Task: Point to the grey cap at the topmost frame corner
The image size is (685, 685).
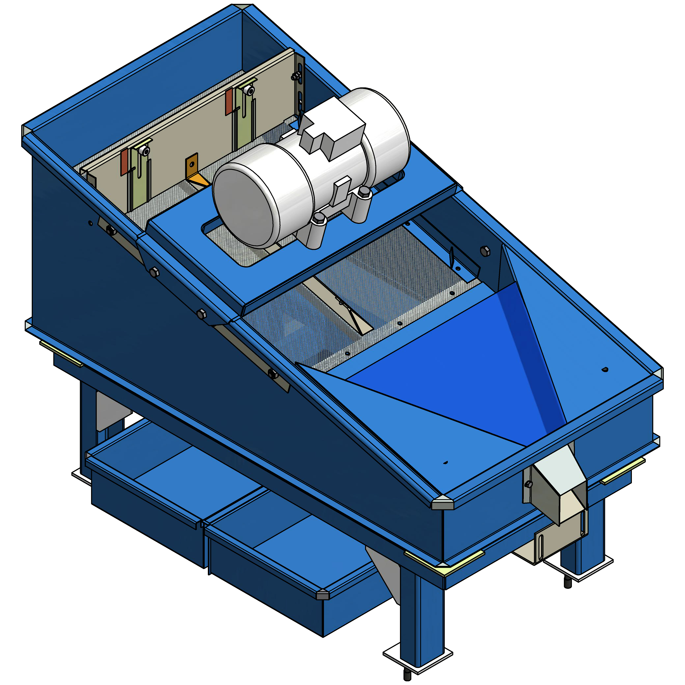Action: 242,6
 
